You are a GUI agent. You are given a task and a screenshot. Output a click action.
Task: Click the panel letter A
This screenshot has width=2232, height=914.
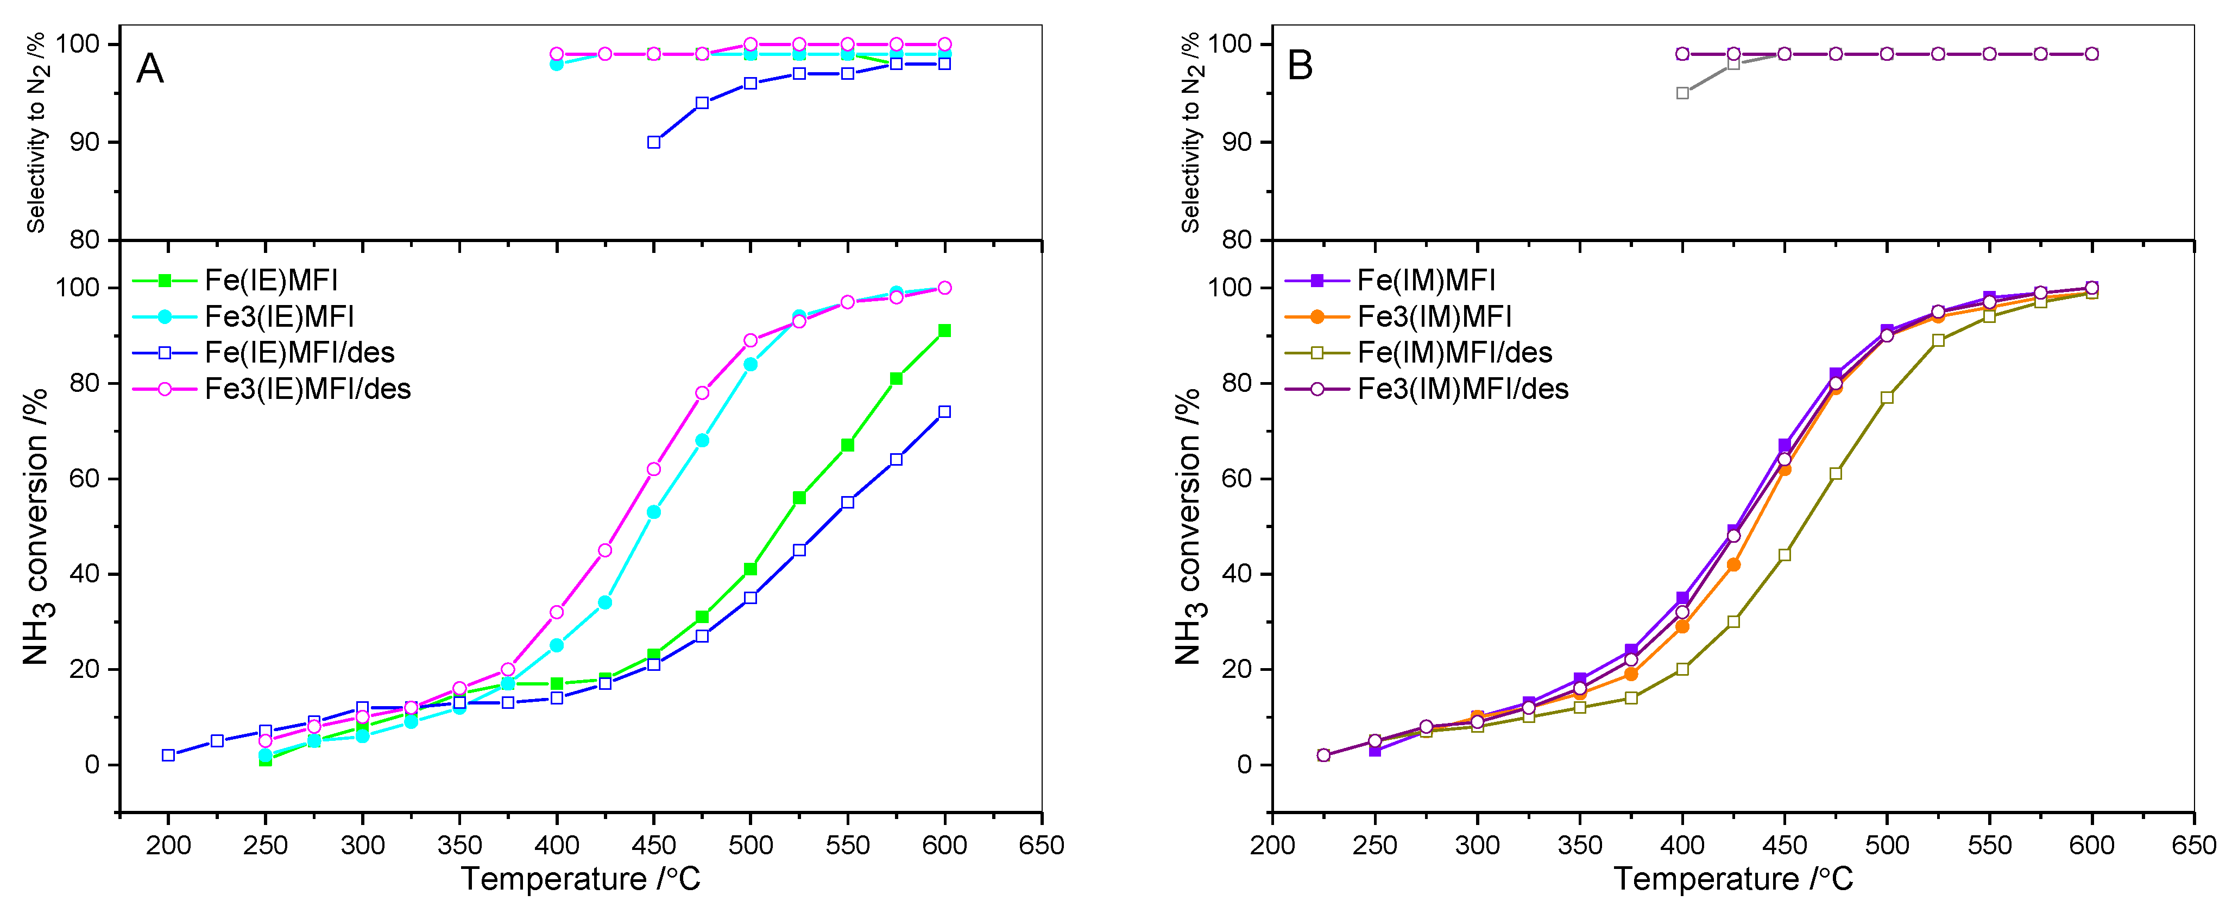coord(150,68)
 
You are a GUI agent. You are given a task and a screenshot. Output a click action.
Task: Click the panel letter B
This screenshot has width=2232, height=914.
coord(1300,66)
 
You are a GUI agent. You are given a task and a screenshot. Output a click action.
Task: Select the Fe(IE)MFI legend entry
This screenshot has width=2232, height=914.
coord(270,280)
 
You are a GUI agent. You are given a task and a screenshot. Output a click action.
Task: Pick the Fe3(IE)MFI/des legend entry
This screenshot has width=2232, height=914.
coord(307,389)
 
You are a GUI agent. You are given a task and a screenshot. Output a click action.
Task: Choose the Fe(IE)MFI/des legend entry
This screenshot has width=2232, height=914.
coord(299,353)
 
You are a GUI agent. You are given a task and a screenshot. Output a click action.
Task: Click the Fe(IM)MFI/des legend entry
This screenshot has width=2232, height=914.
coord(1454,353)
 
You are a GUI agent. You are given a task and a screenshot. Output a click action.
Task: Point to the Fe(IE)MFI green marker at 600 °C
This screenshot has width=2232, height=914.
coord(944,331)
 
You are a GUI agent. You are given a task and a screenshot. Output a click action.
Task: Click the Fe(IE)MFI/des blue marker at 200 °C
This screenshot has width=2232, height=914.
coord(169,756)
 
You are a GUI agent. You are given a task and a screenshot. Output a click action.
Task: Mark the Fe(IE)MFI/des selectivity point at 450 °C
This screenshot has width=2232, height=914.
coord(654,142)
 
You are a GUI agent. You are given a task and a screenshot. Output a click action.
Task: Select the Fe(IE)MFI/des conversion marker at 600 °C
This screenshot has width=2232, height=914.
coord(944,412)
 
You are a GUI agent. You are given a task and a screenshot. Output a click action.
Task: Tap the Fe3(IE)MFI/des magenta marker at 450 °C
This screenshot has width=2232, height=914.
coord(654,469)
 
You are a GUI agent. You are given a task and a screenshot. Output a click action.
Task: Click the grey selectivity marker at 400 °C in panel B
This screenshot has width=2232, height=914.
coord(1682,93)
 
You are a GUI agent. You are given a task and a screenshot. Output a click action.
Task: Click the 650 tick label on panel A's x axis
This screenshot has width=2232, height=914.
coord(1042,845)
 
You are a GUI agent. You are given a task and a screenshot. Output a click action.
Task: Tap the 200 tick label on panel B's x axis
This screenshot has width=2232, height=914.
coord(1272,845)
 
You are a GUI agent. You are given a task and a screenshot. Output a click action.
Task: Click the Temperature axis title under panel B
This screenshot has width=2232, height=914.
coord(1733,879)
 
